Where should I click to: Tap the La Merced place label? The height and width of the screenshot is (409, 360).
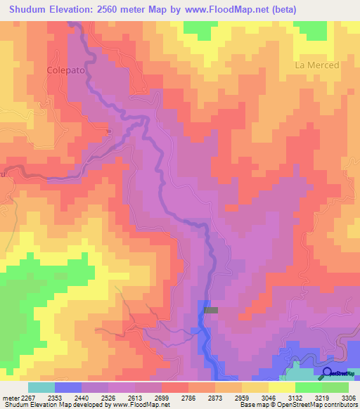coord(316,65)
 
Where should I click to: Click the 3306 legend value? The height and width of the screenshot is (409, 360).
coord(348,397)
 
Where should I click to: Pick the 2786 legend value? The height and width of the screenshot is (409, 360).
coord(188,397)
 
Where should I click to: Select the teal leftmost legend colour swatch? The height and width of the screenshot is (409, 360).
coord(41,387)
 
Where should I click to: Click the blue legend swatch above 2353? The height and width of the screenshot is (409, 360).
coord(68,387)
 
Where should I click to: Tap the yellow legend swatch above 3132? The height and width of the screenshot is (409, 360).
coord(281,387)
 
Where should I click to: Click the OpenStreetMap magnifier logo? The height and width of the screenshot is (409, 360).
coord(328,373)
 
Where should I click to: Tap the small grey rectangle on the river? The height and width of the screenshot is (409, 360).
coord(211,309)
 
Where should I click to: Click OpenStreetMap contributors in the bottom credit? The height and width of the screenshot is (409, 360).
coord(320,405)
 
